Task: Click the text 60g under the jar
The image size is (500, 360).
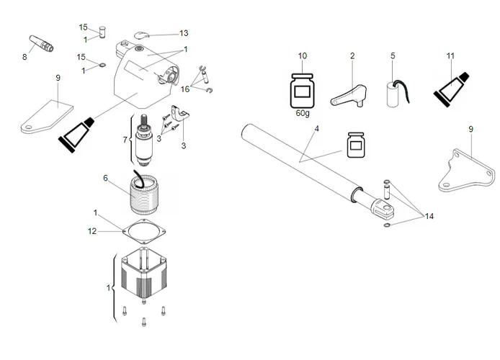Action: (303, 113)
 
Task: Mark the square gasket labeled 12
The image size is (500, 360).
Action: (145, 231)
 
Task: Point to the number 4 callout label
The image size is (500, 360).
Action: (316, 129)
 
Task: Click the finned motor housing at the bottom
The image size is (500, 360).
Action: (144, 277)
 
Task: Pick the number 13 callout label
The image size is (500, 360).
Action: (184, 32)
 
